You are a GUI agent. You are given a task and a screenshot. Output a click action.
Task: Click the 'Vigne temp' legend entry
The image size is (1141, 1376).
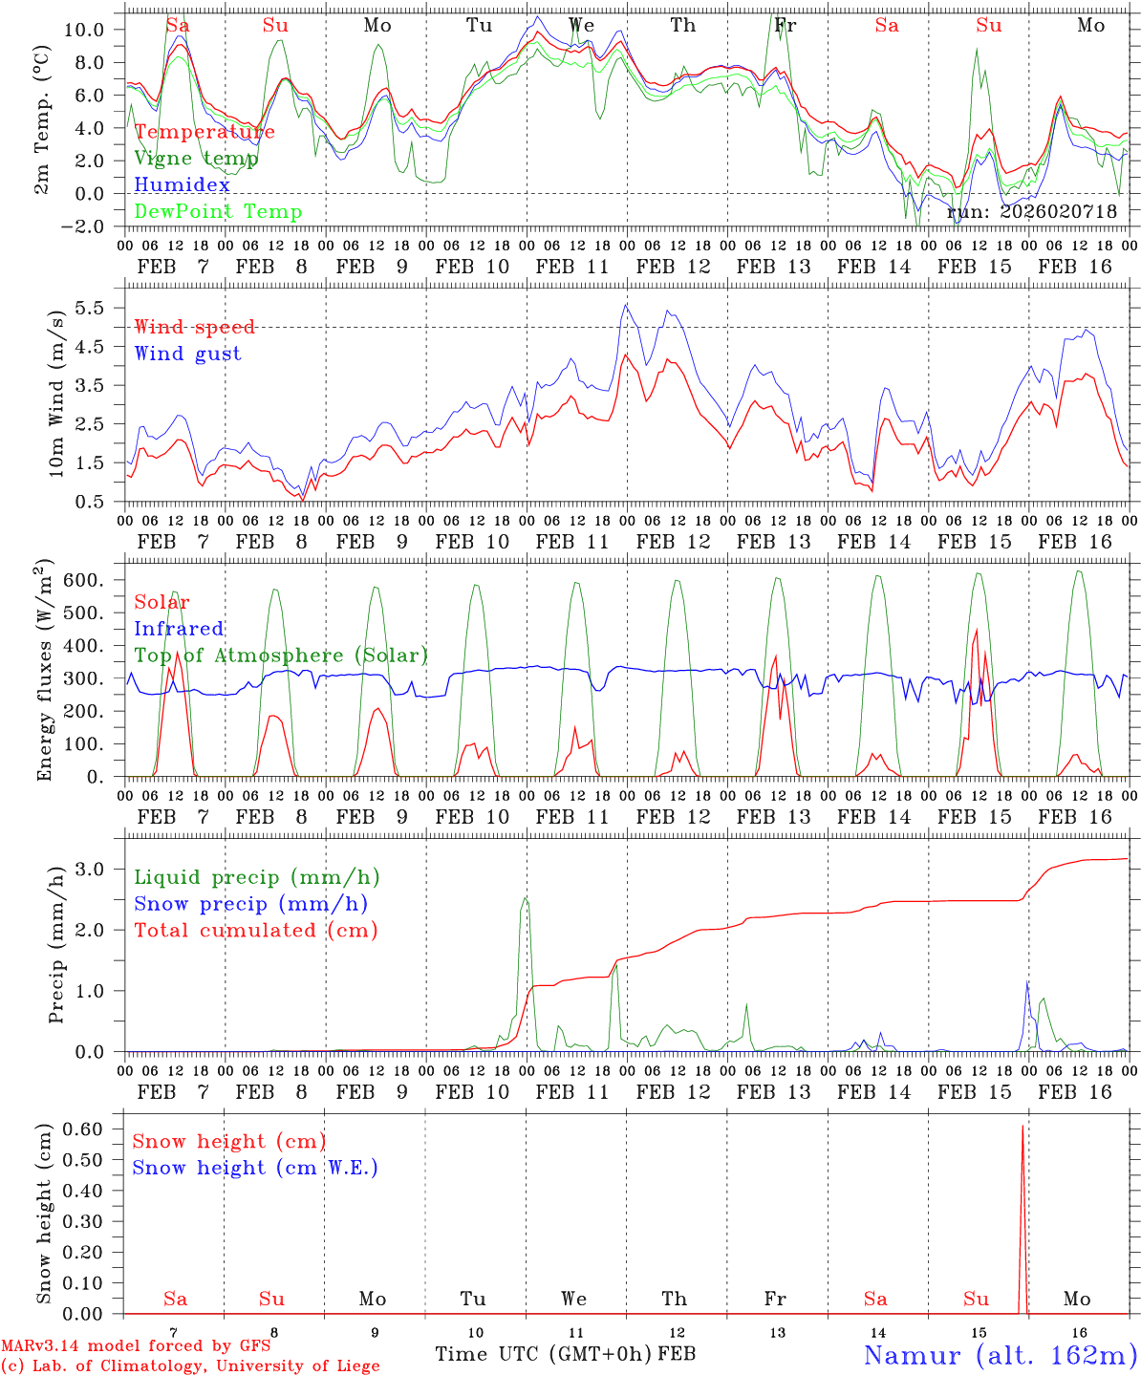196,159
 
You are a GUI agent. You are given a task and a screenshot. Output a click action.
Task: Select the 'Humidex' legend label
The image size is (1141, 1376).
182,185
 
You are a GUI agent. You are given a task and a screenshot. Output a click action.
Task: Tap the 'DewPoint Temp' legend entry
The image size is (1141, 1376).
218,212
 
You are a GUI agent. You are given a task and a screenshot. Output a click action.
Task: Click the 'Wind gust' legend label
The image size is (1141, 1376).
187,355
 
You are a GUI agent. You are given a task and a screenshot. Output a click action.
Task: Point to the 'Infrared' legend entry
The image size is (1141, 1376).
179,629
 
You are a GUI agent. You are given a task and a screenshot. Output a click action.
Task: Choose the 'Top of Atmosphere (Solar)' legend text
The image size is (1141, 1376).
281,656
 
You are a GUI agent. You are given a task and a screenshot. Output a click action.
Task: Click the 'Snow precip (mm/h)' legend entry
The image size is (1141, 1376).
250,904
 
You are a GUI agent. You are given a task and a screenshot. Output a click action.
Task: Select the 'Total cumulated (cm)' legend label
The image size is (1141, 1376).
256,931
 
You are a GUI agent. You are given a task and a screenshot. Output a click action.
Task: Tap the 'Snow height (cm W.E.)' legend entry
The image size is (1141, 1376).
255,1168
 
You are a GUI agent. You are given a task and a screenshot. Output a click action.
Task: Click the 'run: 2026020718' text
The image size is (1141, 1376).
1032,212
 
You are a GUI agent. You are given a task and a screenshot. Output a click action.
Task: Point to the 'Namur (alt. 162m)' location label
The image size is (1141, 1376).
1000,1355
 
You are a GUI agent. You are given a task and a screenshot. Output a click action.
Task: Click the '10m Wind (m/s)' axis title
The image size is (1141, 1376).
56,392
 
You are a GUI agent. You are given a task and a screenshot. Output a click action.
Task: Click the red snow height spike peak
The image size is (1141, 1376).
1023,1127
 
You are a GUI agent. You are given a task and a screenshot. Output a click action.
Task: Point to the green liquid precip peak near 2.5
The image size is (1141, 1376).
525,898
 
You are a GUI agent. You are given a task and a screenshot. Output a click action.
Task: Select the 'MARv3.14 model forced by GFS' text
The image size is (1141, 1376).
136,1346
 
